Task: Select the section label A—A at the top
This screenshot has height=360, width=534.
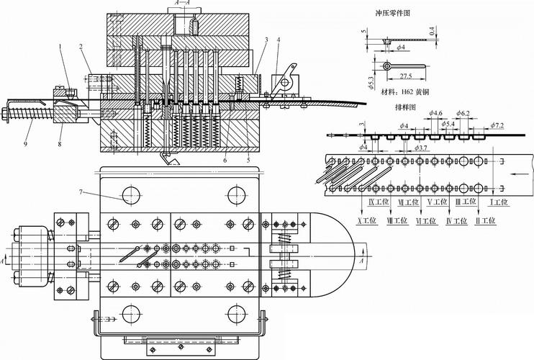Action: pyautogui.click(x=182, y=4)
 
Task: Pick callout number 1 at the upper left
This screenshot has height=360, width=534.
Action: pyautogui.click(x=62, y=48)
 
